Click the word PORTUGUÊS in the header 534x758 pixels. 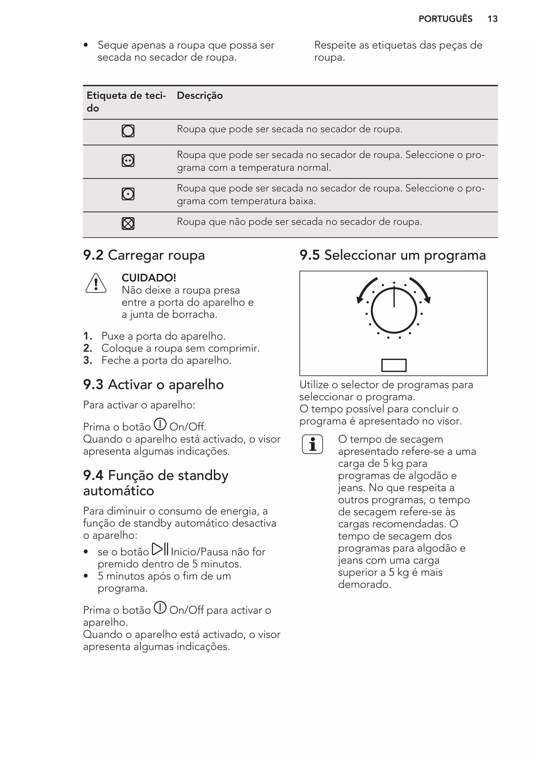pyautogui.click(x=445, y=19)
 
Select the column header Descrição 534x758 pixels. pyautogui.click(x=200, y=96)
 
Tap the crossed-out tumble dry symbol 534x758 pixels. pyautogui.click(x=128, y=224)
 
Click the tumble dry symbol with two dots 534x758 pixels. pyautogui.click(x=128, y=161)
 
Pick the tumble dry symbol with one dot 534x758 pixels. pyautogui.click(x=128, y=194)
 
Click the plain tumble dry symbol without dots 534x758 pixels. pyautogui.click(x=128, y=131)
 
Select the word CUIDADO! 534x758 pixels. pyautogui.click(x=149, y=278)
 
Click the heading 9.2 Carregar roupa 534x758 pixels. pyautogui.click(x=144, y=255)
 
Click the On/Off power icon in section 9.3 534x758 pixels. pyautogui.click(x=160, y=425)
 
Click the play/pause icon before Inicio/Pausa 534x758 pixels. pyautogui.click(x=160, y=549)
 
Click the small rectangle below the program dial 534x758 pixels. pyautogui.click(x=394, y=365)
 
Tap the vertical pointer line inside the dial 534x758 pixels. pyautogui.click(x=394, y=297)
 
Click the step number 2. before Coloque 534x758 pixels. pyautogui.click(x=87, y=348)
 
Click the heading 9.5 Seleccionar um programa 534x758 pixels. pyautogui.click(x=393, y=255)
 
